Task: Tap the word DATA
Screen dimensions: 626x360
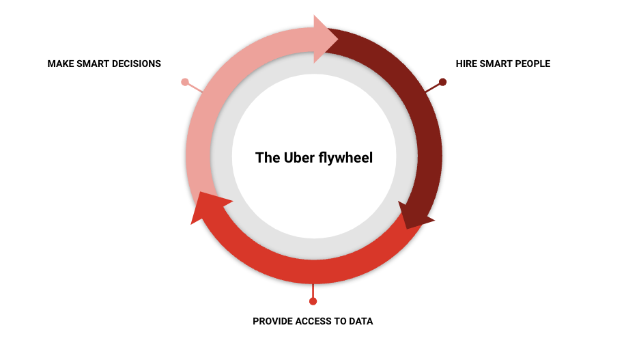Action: pyautogui.click(x=361, y=321)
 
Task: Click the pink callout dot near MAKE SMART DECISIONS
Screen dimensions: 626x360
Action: pyautogui.click(x=185, y=82)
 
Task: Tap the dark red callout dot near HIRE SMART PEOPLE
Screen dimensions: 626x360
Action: pyautogui.click(x=442, y=82)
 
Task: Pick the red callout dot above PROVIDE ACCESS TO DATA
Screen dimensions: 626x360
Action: pyautogui.click(x=313, y=301)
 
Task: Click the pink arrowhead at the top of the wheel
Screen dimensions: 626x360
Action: pyautogui.click(x=326, y=39)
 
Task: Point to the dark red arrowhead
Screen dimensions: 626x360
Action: pyautogui.click(x=415, y=216)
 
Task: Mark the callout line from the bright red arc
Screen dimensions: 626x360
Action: pyautogui.click(x=313, y=291)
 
